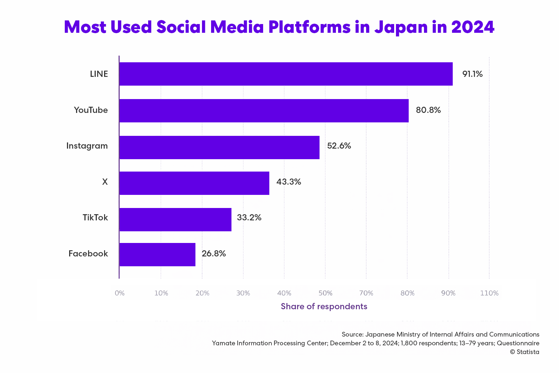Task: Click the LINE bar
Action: click(x=286, y=74)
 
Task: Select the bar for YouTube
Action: click(x=264, y=111)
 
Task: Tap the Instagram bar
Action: click(x=219, y=148)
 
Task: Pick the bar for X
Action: click(x=194, y=183)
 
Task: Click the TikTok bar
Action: click(x=175, y=220)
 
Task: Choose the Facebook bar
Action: click(x=157, y=255)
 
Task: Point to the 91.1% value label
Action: click(x=472, y=74)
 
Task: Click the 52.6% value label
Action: click(x=339, y=146)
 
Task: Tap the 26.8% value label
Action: click(x=214, y=254)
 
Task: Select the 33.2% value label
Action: click(x=249, y=218)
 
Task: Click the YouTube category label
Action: click(x=91, y=110)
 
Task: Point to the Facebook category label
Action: click(x=88, y=254)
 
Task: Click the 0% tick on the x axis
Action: click(x=119, y=293)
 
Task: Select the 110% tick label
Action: click(x=489, y=293)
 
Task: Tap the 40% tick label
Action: click(x=284, y=293)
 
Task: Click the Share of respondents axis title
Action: click(x=324, y=306)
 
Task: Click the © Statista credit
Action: click(x=524, y=352)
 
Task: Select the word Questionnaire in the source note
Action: click(x=518, y=343)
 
